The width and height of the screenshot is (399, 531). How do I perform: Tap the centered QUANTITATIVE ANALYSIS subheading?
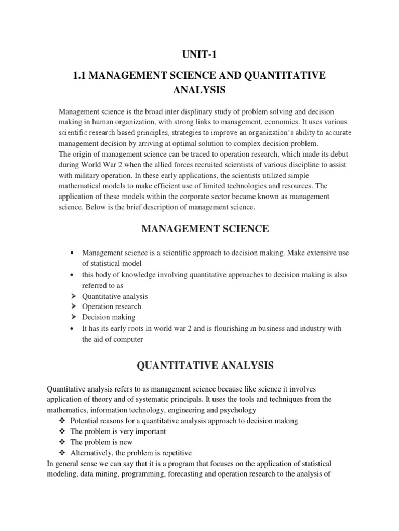(205, 366)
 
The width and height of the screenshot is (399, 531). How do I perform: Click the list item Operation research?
(112, 306)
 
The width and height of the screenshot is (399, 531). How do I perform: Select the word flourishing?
(218, 329)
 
